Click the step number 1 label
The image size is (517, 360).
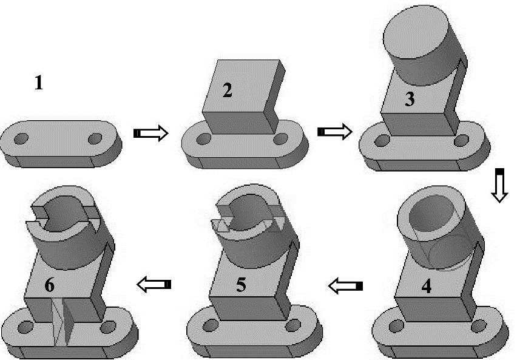click(39, 83)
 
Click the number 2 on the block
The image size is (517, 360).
click(227, 91)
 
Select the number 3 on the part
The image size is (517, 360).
click(410, 99)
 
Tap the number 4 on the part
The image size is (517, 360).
click(427, 287)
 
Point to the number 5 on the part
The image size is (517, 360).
click(241, 285)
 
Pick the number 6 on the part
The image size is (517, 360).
click(50, 285)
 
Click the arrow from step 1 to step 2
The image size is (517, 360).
click(151, 133)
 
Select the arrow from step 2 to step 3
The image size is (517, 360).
click(335, 132)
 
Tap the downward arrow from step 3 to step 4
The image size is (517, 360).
click(500, 185)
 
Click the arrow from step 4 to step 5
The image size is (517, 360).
click(345, 286)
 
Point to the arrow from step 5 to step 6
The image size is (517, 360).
click(154, 285)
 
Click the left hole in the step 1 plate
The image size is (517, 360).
click(21, 138)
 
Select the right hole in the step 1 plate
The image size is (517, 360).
click(95, 138)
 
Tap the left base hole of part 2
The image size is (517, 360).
click(203, 139)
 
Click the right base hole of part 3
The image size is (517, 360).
click(461, 141)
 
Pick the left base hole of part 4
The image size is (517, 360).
click(396, 327)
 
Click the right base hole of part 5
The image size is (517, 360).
click(292, 325)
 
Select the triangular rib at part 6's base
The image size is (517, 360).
click(62, 322)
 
